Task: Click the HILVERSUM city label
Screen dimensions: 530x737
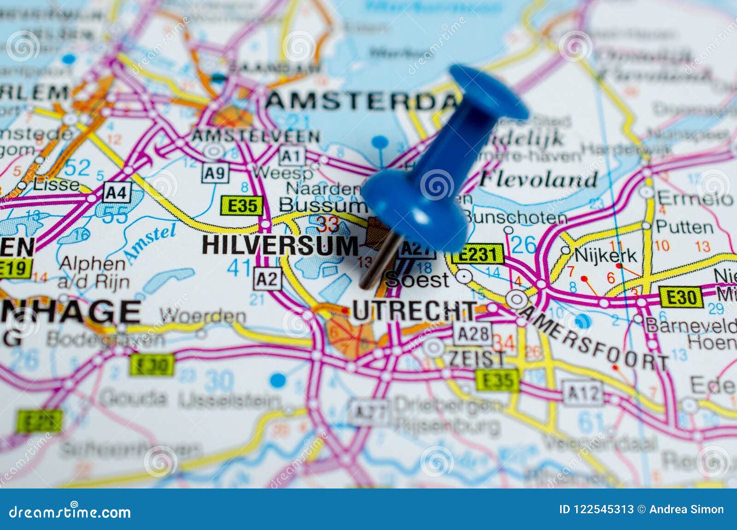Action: [x=280, y=245]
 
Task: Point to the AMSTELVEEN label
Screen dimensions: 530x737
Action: [x=256, y=136]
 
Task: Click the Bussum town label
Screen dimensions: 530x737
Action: [x=322, y=205]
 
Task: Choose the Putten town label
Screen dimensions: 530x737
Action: [x=684, y=227]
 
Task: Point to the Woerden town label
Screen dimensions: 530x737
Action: [x=203, y=316]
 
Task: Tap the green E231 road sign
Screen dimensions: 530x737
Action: [x=477, y=254]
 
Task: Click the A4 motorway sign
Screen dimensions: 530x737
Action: [x=117, y=192]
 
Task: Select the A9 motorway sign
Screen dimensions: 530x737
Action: [x=215, y=173]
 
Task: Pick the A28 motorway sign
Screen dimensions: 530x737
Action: [x=473, y=334]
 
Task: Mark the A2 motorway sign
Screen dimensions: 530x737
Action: [x=267, y=279]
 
